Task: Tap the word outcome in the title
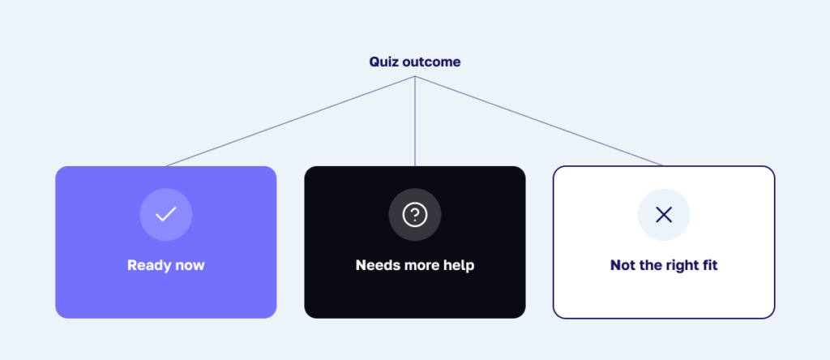click(431, 62)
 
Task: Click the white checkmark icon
click(165, 214)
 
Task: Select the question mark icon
click(415, 214)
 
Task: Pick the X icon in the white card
click(664, 214)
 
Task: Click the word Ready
click(147, 265)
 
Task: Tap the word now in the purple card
click(187, 266)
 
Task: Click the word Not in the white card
click(622, 265)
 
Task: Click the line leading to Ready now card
click(290, 122)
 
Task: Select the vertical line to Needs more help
click(415, 122)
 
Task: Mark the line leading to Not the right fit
click(539, 122)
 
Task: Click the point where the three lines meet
click(415, 76)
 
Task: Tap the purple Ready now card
click(165, 242)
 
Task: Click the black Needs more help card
click(415, 242)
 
